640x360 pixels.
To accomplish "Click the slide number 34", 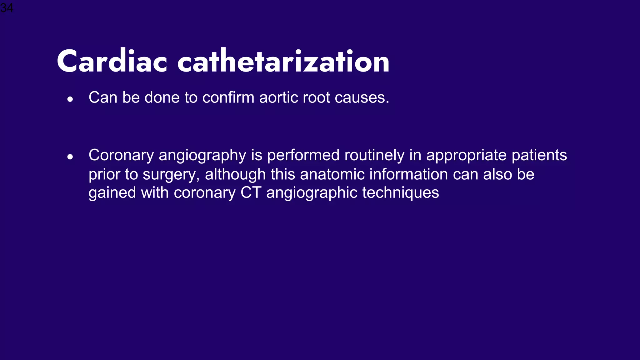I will (7, 7).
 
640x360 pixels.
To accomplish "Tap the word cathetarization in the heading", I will (283, 62).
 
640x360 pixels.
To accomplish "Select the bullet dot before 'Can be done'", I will (70, 99).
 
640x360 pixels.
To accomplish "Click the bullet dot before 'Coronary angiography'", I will (70, 157).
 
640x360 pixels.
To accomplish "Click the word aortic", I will (279, 97).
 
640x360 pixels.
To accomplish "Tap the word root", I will (317, 97).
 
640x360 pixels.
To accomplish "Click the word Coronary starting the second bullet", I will (121, 155).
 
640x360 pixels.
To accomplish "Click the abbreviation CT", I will (251, 193).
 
